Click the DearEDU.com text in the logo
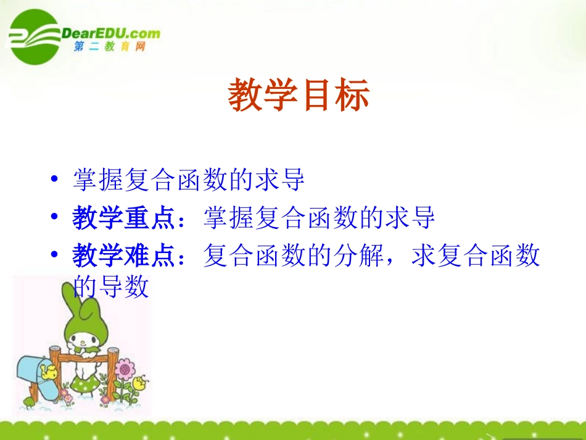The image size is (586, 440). pos(111,33)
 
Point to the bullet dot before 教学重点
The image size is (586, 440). pos(56,218)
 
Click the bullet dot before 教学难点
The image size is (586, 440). pos(56,255)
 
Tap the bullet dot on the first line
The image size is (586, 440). pos(56,181)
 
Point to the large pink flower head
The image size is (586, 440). pos(125,370)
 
